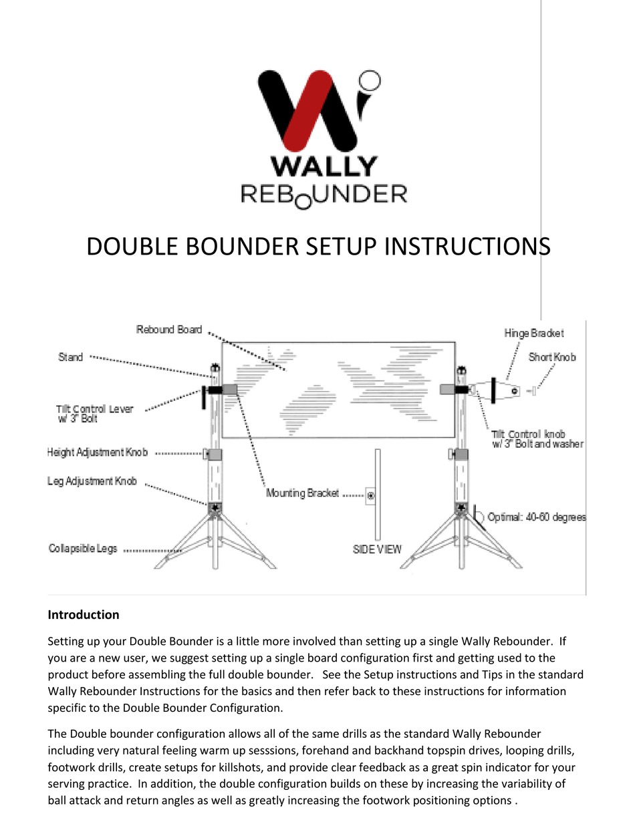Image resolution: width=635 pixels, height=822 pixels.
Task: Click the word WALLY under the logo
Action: (x=324, y=166)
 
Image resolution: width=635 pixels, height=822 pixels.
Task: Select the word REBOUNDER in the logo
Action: (x=324, y=194)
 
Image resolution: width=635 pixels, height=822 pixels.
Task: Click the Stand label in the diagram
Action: (x=71, y=357)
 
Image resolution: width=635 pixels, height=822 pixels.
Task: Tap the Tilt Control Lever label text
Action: (x=94, y=414)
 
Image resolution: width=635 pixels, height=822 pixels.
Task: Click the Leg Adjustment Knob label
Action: (x=92, y=481)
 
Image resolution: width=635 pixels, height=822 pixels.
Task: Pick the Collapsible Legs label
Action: (x=83, y=549)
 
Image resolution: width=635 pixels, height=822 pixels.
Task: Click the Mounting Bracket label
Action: (x=302, y=494)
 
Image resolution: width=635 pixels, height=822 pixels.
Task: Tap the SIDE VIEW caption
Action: (x=377, y=549)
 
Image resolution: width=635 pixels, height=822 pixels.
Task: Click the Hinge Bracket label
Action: (x=534, y=333)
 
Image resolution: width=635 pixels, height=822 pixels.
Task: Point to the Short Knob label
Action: (x=552, y=357)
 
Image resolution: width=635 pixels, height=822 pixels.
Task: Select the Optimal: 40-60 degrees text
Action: (x=537, y=517)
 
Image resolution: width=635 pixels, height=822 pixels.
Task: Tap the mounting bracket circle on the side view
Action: (x=371, y=496)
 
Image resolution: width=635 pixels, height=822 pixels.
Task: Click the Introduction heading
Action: (x=84, y=615)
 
